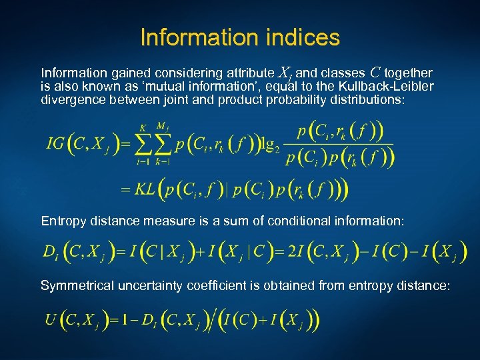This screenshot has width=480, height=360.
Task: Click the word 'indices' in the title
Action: pos(301,37)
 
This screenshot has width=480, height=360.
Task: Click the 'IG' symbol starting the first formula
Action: pos(55,143)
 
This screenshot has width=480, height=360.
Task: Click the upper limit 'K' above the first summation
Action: pos(143,128)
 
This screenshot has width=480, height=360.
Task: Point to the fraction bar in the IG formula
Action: pos(337,144)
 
